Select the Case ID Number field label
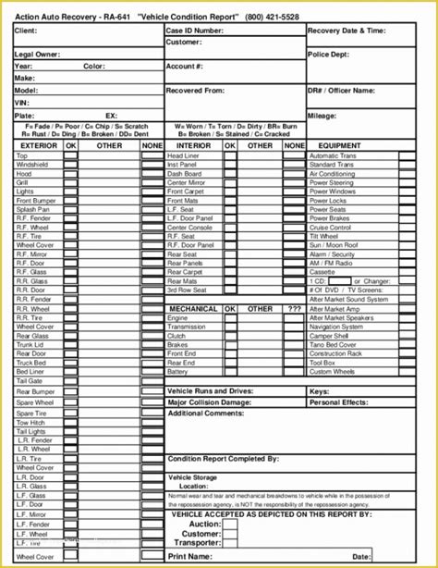(x=195, y=31)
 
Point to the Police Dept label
(x=330, y=55)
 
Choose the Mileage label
(x=323, y=116)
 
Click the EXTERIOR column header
(x=38, y=145)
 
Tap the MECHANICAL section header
(x=193, y=309)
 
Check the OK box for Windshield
(x=71, y=165)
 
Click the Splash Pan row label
(x=31, y=209)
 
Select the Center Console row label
(x=190, y=227)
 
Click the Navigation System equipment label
(x=336, y=326)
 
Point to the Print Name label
(x=189, y=556)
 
